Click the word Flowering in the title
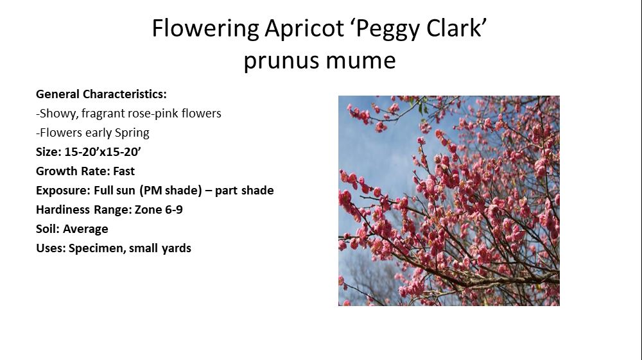[205, 29]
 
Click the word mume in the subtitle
[361, 61]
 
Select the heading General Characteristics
[101, 94]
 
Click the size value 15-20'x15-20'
[103, 152]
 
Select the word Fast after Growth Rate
[124, 171]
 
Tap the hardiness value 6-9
[173, 209]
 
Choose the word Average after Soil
[85, 229]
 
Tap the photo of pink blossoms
[449, 201]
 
